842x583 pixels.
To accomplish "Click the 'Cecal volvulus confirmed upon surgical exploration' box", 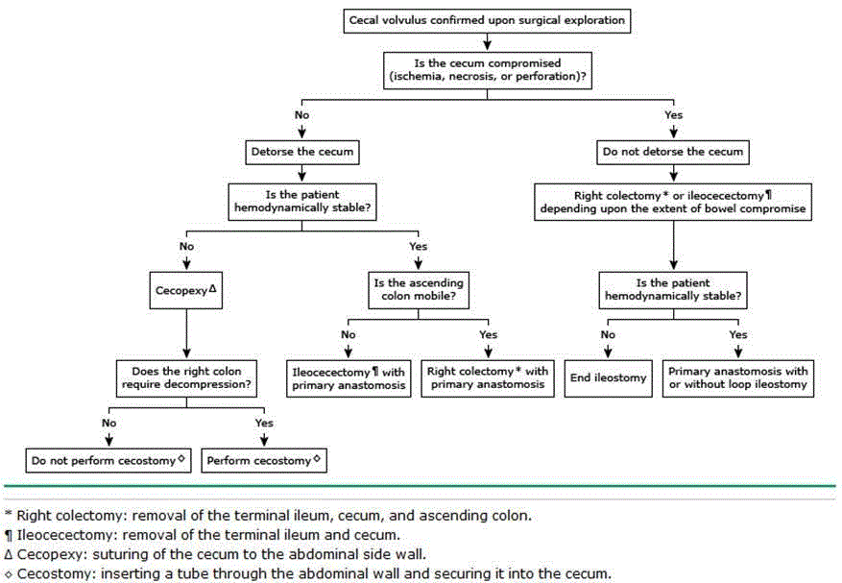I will [x=488, y=19].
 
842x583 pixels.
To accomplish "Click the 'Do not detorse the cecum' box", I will [x=672, y=152].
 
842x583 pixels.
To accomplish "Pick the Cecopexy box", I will [x=183, y=288].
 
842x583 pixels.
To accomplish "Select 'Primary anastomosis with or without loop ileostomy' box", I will [x=738, y=377].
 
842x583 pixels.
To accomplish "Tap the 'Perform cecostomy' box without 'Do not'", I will [x=263, y=460].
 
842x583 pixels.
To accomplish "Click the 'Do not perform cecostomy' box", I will [x=107, y=460].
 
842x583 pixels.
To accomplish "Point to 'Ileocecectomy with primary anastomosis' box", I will [x=348, y=377].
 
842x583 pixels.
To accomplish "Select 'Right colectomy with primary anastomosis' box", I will [x=488, y=377].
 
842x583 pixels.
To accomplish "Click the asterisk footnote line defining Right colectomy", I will [x=274, y=516].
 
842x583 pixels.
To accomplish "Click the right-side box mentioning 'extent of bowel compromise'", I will [x=672, y=202].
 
